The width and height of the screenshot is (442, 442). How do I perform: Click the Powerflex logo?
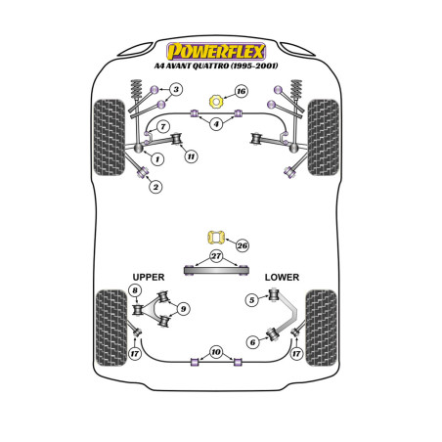click(216, 52)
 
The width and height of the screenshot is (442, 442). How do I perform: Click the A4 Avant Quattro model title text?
click(216, 66)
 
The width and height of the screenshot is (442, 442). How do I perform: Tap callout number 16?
click(241, 91)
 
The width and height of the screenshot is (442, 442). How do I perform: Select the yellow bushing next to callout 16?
click(215, 102)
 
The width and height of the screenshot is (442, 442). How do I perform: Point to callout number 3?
click(176, 89)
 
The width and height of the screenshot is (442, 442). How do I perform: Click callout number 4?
click(216, 124)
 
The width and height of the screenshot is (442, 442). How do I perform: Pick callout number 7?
click(163, 126)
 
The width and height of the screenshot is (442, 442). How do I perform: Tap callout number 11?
click(191, 156)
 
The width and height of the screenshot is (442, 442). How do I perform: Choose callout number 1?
click(157, 159)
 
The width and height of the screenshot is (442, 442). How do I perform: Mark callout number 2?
click(155, 187)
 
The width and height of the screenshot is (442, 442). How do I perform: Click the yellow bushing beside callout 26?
click(216, 238)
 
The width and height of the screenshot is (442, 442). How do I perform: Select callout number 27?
click(216, 256)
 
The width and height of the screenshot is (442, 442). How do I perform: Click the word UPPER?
click(149, 278)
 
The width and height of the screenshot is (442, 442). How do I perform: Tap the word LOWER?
click(282, 278)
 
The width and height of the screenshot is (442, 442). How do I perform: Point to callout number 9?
click(183, 309)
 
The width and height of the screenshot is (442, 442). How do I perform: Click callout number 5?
click(252, 300)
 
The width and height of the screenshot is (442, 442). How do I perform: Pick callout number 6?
click(252, 342)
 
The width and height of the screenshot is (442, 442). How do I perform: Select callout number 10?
click(216, 352)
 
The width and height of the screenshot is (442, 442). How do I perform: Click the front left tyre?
click(110, 138)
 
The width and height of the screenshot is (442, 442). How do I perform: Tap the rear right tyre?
click(321, 328)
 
